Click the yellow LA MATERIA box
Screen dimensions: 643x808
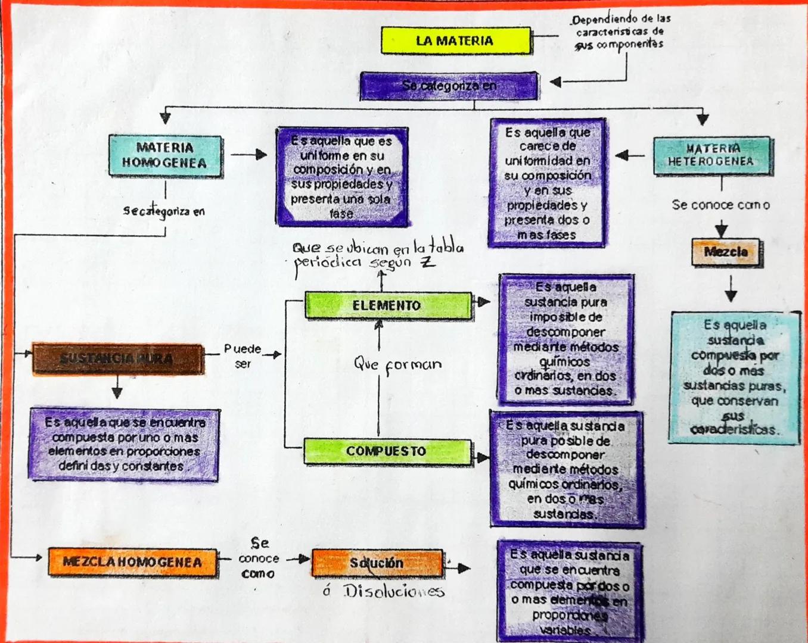455,40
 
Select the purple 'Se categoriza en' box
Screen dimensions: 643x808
449,86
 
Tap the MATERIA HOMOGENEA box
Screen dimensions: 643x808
165,155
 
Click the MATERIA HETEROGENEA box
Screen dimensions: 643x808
711,155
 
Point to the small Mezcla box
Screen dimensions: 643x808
726,252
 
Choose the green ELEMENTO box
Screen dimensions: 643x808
387,305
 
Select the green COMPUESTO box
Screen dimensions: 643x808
387,451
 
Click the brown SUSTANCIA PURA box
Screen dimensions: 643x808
117,358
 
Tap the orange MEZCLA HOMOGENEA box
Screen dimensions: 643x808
132,562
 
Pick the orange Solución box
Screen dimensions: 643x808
377,563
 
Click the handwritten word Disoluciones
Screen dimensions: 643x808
393,591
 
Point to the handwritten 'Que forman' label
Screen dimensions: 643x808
398,364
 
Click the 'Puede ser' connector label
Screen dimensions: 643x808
243,355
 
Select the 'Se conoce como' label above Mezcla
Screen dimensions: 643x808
720,205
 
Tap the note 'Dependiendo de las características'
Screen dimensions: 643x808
620,32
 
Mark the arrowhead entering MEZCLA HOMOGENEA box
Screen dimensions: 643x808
38,557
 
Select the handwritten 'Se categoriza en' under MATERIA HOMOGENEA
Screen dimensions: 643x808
164,211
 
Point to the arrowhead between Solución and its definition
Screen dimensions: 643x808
464,569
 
